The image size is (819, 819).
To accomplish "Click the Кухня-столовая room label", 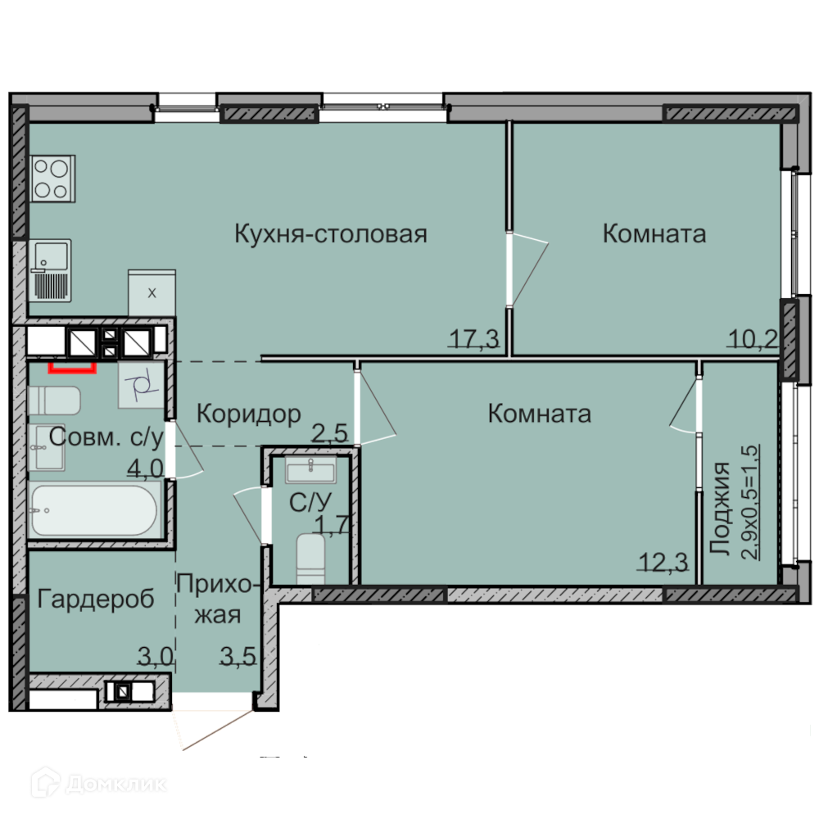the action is (331, 234).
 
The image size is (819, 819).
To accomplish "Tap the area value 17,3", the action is (474, 340).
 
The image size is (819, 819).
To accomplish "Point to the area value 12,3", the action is (663, 563).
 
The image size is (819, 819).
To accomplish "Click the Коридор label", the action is (249, 414).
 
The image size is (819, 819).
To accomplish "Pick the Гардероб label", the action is (96, 600).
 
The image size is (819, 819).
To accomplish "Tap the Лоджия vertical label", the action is (720, 509).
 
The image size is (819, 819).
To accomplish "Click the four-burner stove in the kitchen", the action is (52, 179).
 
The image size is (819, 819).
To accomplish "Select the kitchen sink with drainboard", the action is (50, 270).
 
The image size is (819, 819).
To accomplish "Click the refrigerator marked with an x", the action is (152, 293).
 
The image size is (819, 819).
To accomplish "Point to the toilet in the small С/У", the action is (310, 559).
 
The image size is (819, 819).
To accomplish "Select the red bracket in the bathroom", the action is (73, 369).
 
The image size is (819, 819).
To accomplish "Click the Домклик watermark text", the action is (117, 784).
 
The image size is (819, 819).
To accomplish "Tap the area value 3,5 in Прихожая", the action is (238, 657).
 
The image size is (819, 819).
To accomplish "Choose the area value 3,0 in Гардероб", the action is (155, 655).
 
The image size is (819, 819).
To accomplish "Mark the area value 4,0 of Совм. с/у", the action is (146, 468).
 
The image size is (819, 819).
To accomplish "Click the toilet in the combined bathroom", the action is (54, 400).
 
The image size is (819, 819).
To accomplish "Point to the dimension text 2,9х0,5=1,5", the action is (750, 502).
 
